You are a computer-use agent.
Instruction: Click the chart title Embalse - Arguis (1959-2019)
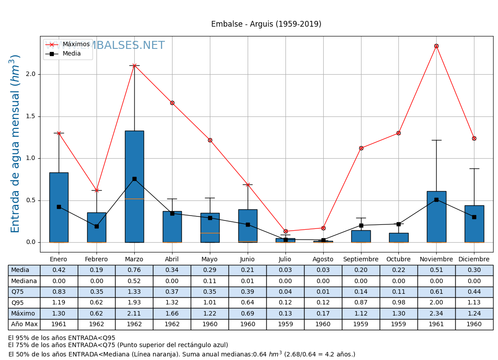click(266, 24)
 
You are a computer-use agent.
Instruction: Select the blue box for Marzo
click(134, 186)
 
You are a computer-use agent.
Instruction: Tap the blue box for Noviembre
click(436, 216)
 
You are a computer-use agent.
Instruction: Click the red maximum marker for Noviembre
click(436, 46)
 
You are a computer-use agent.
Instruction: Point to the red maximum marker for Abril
click(172, 103)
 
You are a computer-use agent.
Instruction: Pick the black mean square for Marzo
click(134, 179)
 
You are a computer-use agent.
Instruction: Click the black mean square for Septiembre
click(361, 225)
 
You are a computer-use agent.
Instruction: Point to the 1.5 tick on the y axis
click(31, 116)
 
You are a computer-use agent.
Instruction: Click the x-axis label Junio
click(247, 259)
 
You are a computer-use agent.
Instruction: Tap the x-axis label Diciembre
click(474, 259)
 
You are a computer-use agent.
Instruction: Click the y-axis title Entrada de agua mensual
click(16, 143)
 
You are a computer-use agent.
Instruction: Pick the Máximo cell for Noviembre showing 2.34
click(436, 313)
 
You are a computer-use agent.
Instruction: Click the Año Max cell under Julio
click(285, 324)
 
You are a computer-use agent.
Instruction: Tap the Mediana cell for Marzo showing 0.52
click(134, 281)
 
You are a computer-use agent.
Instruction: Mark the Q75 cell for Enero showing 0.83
click(59, 292)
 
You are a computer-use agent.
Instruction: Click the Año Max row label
click(24, 324)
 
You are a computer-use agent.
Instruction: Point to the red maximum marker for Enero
click(59, 133)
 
